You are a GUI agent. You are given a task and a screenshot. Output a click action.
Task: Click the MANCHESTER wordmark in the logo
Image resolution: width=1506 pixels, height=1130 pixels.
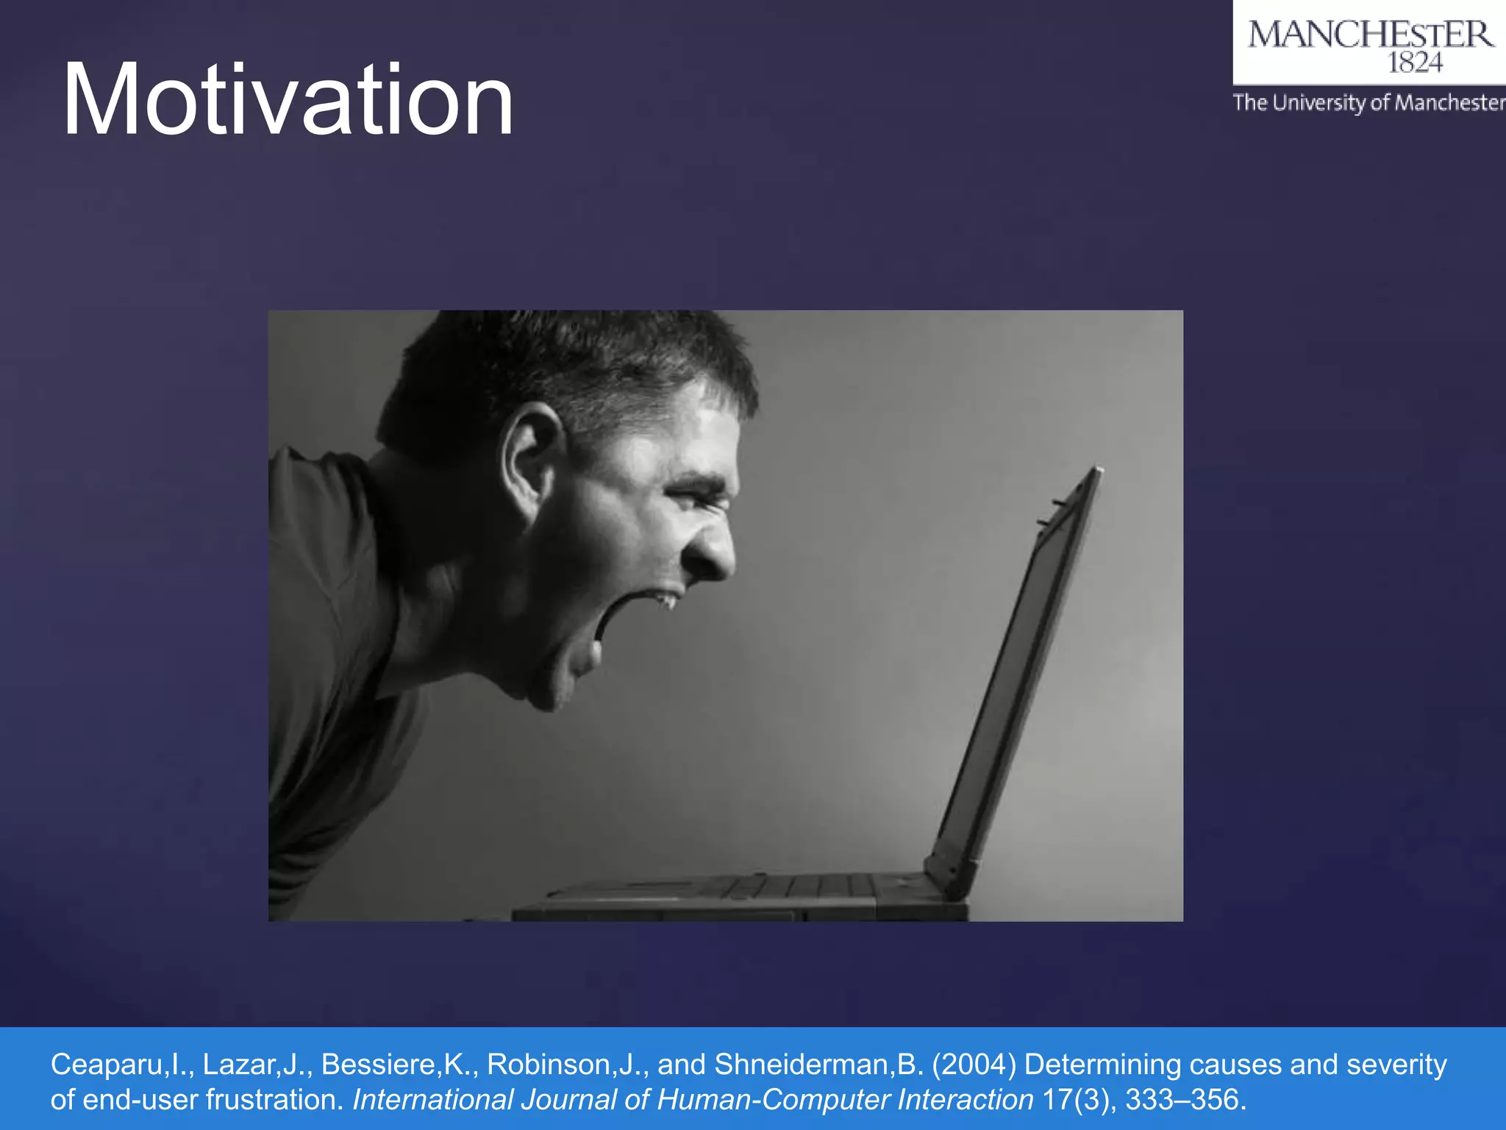[x=1370, y=35]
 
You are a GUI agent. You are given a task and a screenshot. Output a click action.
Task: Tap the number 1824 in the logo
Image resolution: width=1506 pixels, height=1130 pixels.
[x=1414, y=63]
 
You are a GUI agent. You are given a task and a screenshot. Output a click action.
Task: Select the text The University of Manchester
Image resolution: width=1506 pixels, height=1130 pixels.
[x=1368, y=102]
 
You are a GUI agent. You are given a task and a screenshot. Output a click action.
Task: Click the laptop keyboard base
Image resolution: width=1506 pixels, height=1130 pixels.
[x=735, y=894]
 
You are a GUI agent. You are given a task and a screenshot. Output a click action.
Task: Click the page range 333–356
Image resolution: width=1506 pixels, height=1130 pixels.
[x=1185, y=1100]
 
